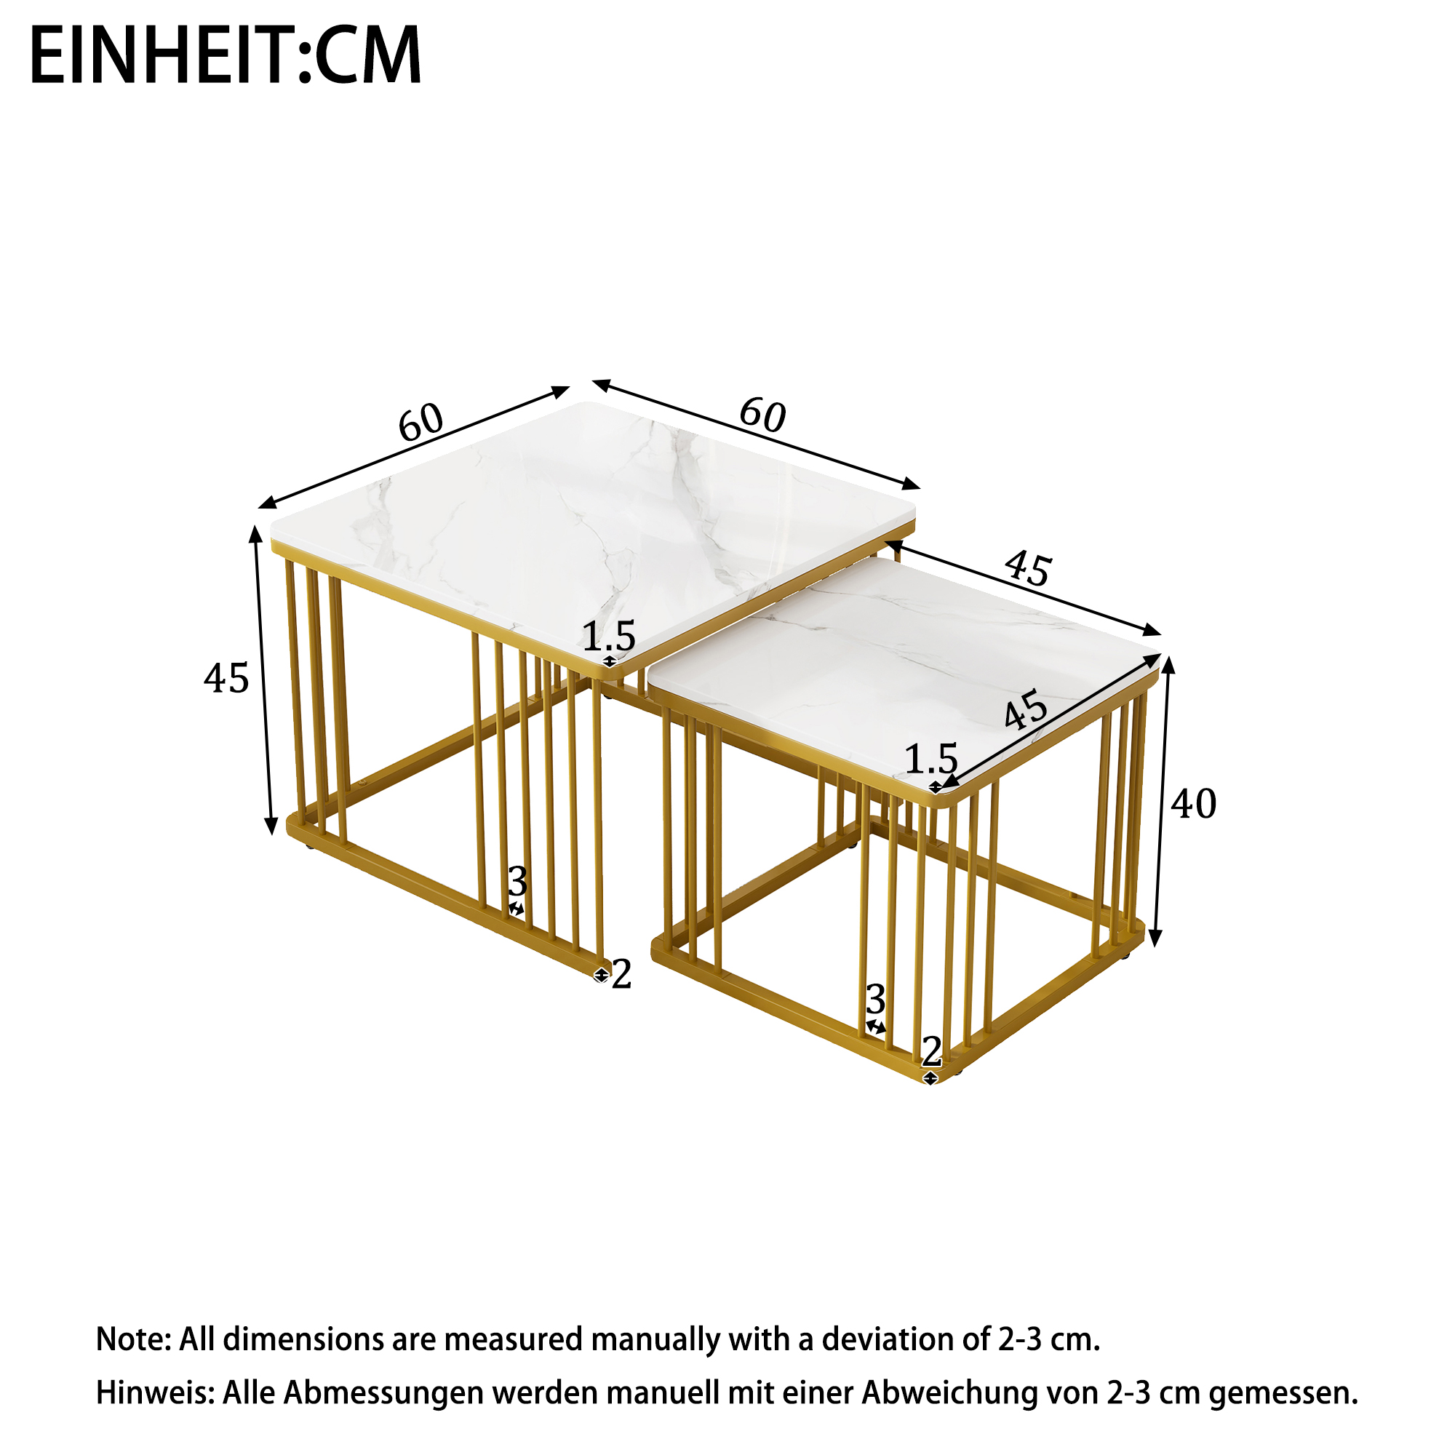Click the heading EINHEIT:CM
(x=226, y=55)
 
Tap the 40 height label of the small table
(x=1194, y=805)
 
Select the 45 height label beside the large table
(x=226, y=679)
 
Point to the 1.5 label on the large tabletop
(x=609, y=637)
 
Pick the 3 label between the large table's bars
(x=517, y=881)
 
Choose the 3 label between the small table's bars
(x=876, y=1000)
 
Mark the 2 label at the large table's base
(x=621, y=975)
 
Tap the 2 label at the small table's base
(x=933, y=1051)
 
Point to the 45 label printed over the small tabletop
(x=1026, y=709)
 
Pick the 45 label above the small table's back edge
(x=1028, y=569)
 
